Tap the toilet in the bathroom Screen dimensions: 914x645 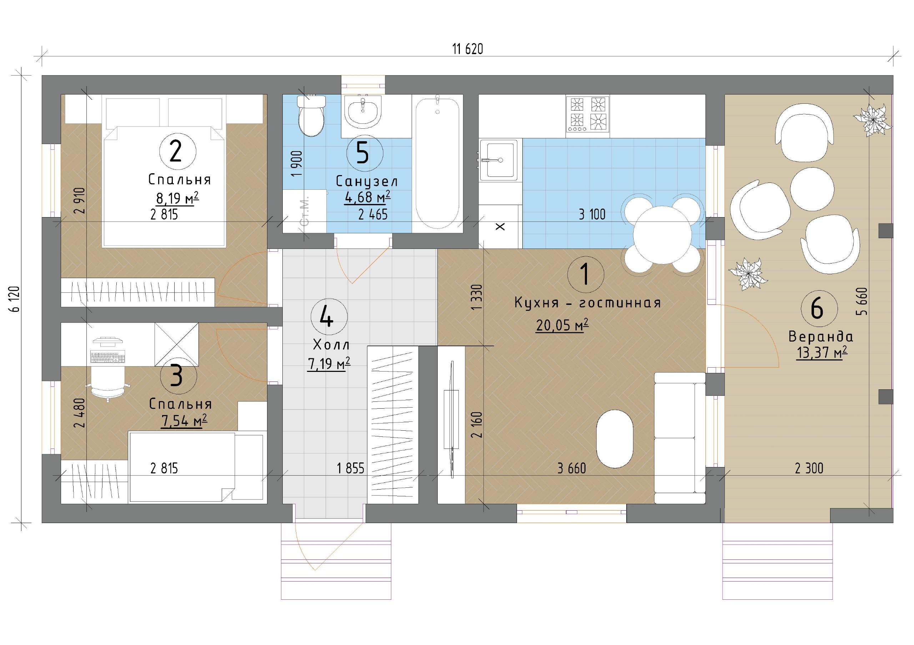[311, 115]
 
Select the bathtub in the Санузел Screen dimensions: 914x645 [437, 163]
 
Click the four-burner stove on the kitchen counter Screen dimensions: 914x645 [588, 114]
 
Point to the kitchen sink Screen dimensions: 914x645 [498, 160]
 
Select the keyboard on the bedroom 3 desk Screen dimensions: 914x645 [107, 357]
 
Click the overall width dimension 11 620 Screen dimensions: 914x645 [467, 49]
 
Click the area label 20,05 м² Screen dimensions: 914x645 [562, 325]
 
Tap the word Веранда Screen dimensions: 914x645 [821, 337]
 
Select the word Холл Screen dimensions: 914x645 [331, 345]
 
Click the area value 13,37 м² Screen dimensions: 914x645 [821, 352]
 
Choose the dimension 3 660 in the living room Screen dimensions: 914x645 [572, 469]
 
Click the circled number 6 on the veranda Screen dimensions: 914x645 [817, 308]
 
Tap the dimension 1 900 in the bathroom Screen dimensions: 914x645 [297, 163]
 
